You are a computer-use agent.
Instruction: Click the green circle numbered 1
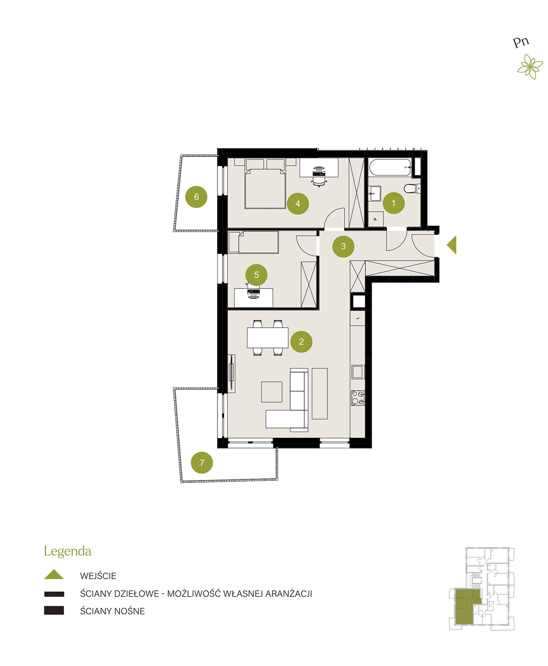(x=393, y=203)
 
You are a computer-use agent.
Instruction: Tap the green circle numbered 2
(x=301, y=341)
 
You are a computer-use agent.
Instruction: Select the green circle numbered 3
(x=343, y=246)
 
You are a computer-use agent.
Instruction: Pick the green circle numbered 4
(x=298, y=204)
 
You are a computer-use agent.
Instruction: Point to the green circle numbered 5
(x=256, y=275)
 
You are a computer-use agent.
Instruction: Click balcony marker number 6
(x=196, y=197)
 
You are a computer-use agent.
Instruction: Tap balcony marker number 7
(x=202, y=462)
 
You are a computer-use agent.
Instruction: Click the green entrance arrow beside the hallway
(x=451, y=245)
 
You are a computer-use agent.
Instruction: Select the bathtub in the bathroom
(x=390, y=167)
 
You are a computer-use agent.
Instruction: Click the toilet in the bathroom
(x=412, y=189)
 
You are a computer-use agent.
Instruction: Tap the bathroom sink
(x=375, y=193)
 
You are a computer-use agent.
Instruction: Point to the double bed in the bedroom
(x=265, y=184)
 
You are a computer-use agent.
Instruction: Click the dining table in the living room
(x=268, y=338)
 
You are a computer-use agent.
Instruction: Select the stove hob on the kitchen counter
(x=358, y=398)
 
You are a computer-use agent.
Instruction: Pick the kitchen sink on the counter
(x=358, y=372)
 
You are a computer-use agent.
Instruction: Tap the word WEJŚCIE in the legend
(x=98, y=576)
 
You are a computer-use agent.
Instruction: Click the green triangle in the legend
(x=54, y=574)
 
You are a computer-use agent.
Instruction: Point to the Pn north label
(x=520, y=42)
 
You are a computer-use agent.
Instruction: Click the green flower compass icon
(x=530, y=67)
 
